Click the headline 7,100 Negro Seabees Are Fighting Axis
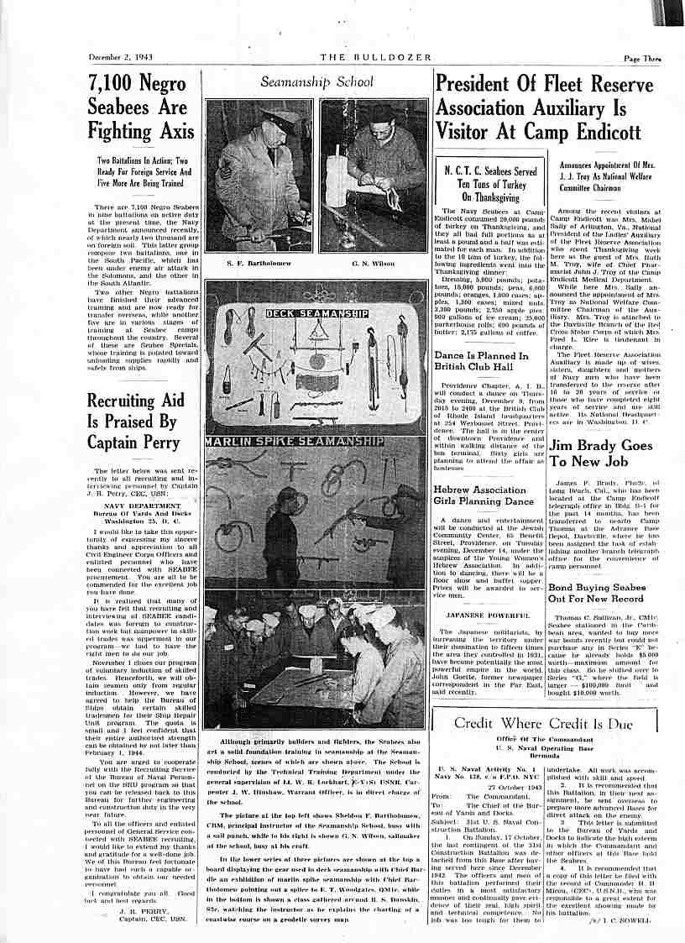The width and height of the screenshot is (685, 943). click(141, 107)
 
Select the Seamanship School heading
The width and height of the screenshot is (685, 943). click(316, 82)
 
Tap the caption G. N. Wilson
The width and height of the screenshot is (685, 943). click(374, 263)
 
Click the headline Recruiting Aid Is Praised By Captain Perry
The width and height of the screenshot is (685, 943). click(133, 421)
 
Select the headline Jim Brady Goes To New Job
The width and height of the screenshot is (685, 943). click(600, 453)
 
